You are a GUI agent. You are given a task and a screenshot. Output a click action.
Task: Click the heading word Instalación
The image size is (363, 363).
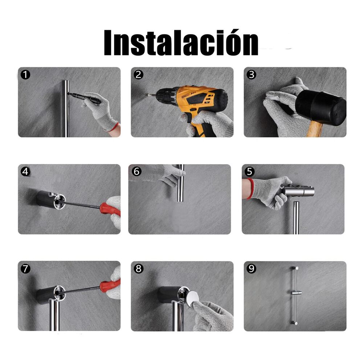click(x=181, y=42)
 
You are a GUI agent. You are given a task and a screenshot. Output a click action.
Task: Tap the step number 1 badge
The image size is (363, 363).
click(x=25, y=74)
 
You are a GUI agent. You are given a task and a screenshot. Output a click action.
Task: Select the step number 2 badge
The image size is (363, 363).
click(x=138, y=74)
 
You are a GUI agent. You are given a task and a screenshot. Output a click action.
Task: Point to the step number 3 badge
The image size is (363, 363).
click(x=252, y=74)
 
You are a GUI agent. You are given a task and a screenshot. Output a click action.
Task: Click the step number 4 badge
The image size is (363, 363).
click(x=25, y=172)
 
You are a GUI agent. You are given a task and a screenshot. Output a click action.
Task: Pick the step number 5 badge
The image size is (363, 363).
click(x=250, y=172)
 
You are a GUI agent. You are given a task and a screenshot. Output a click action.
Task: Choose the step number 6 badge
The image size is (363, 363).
click(x=136, y=172)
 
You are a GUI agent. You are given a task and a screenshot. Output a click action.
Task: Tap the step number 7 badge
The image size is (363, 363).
click(x=25, y=269)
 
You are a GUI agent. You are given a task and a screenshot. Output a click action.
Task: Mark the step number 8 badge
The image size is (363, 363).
click(x=138, y=269)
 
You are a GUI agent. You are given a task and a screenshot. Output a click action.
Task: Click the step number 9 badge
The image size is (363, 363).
click(x=252, y=269)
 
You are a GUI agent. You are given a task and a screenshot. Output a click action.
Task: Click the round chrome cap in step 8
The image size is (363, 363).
click(x=193, y=299)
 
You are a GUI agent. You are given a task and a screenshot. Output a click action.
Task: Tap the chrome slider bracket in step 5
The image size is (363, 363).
click(x=298, y=191)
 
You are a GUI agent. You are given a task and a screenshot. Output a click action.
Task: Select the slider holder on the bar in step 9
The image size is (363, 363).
click(x=296, y=293)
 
